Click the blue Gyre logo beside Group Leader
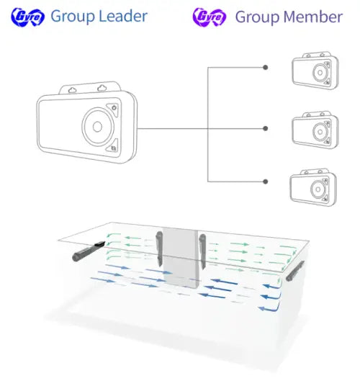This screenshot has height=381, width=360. pos(27,17)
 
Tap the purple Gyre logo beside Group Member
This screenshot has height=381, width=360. pos(209,17)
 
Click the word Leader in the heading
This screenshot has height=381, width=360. pos(123,17)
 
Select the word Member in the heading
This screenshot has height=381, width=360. pos(313,17)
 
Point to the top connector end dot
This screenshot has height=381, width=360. pos(266,67)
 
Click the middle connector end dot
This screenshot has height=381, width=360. pos(266,128)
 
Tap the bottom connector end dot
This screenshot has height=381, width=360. pos(266,181)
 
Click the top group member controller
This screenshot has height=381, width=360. pos(315,71)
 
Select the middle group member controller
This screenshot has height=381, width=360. pos(315,130)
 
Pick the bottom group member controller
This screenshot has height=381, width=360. pos(313,187)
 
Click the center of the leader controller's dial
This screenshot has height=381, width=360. pos(97,127)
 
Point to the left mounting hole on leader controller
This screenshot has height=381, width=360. pos(72,90)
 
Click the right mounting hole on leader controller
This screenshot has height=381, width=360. pos(102,88)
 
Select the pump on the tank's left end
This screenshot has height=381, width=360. pos(89,251)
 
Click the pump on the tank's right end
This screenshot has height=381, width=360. pos(295,271)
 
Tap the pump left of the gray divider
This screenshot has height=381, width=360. pos(159,248)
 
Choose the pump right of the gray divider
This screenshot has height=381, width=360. pos(202,251)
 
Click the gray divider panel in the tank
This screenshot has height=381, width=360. pos(181,259)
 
